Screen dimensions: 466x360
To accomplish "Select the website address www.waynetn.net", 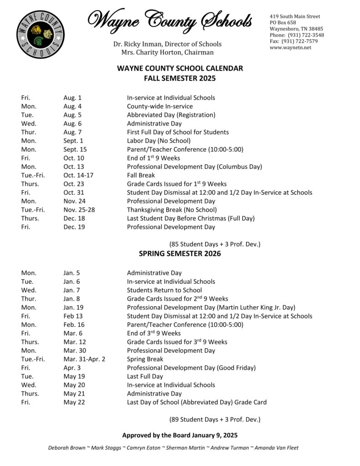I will pos(290,48).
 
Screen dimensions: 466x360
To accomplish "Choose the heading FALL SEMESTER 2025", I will pos(180,78).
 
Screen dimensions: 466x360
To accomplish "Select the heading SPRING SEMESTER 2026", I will pos(180,253).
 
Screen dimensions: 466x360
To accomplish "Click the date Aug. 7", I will pos(73,132).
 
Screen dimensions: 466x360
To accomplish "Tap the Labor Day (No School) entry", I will pos(158,141).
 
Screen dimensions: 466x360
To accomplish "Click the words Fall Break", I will pos(141,175).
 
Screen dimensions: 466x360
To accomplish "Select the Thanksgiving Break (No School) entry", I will pos(172,210).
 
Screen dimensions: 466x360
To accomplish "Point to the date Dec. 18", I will pos(74,218).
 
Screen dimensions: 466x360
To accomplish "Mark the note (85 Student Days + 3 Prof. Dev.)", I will pos(215,244).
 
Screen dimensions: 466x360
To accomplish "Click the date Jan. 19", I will pos(73,307).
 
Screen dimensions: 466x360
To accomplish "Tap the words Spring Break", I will pos(145,359).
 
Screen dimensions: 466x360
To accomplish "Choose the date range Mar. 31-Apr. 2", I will pos(85,359).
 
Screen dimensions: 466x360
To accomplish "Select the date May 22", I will pos(74,402).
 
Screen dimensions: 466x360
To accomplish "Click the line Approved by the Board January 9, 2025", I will pos(180,435).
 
